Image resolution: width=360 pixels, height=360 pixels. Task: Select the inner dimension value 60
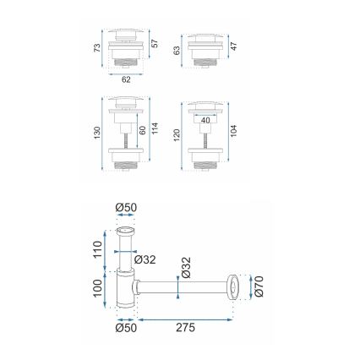pos(143,129)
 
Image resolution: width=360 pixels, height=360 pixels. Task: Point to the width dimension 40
pos(205,120)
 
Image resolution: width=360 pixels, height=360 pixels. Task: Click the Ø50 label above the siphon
pos(126,207)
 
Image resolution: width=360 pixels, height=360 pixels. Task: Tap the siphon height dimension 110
pos(97,250)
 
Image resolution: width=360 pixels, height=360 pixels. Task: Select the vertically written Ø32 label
pos(187,270)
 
